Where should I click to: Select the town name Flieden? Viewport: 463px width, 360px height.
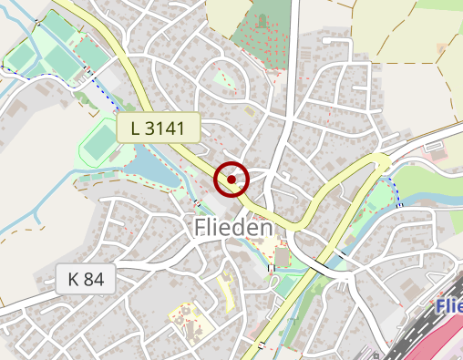(234, 228)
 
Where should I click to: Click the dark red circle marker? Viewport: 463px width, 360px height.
(231, 180)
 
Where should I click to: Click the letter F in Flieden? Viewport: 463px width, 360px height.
(202, 228)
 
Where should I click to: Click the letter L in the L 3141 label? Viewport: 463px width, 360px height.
(136, 129)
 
